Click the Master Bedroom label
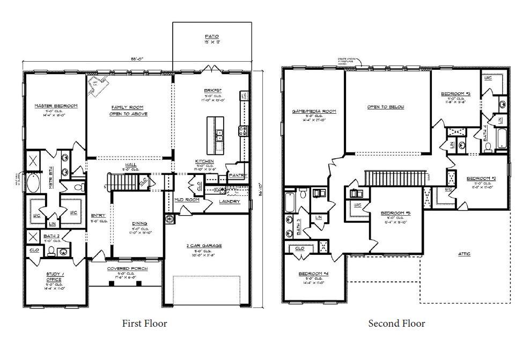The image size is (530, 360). [56, 106]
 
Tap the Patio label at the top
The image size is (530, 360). [211, 36]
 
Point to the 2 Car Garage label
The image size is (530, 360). [204, 246]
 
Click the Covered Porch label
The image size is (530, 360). [127, 268]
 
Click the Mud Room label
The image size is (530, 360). [187, 200]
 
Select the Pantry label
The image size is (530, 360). [237, 175]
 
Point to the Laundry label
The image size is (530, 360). [230, 202]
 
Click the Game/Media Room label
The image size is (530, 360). [313, 111]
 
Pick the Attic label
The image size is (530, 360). [465, 253]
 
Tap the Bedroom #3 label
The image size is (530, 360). [455, 94]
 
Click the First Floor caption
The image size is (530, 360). [144, 323]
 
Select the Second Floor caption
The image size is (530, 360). [396, 323]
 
